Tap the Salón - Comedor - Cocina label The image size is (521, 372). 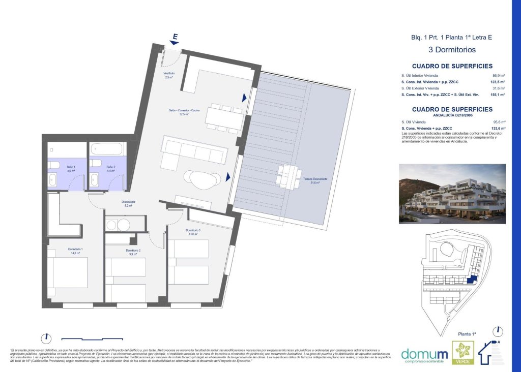point(184,112)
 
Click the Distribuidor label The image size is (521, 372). point(128,204)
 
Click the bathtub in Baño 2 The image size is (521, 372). point(107,149)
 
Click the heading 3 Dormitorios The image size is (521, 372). point(452,50)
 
